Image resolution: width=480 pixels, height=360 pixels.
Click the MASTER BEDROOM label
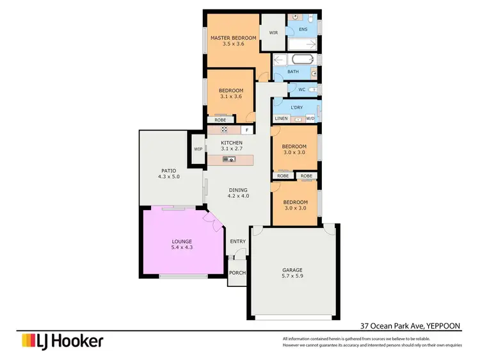tap(234, 38)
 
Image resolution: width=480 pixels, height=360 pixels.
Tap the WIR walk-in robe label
tap(273, 33)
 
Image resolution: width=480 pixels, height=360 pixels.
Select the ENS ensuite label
tap(303, 29)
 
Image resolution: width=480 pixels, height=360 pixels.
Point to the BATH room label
tap(292, 72)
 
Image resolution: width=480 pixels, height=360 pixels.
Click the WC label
tap(301, 90)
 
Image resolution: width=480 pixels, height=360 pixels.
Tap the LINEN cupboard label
tap(282, 119)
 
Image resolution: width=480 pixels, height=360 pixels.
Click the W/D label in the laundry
tap(310, 119)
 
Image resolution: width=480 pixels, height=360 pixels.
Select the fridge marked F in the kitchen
tap(246, 130)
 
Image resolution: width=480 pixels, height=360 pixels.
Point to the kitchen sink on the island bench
tap(229, 159)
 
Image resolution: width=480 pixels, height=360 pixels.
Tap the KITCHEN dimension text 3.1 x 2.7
tap(232, 149)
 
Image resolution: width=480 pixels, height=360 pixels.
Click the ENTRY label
tap(238, 241)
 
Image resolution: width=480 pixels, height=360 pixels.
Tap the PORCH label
tap(237, 273)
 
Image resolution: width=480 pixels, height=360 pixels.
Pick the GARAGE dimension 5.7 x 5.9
tap(292, 276)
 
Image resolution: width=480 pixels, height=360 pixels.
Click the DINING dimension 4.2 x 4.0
tap(238, 196)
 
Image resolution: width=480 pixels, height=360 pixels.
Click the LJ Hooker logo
tap(62, 341)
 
